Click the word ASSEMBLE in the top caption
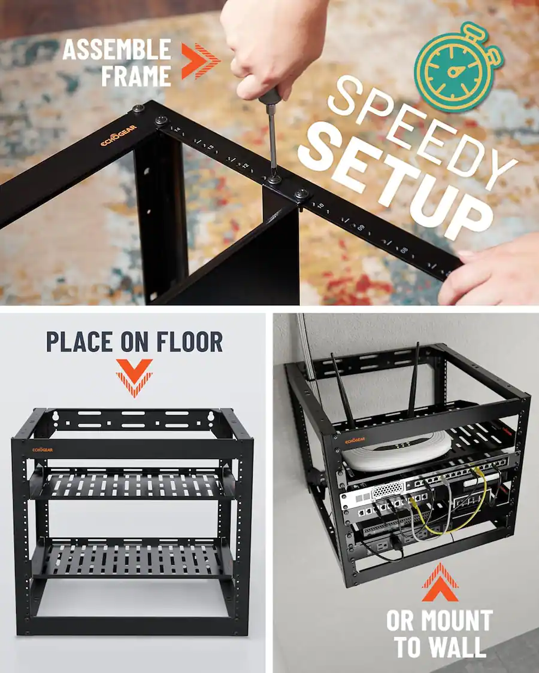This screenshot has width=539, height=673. (x=116, y=50)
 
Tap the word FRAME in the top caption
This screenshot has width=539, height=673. (x=135, y=76)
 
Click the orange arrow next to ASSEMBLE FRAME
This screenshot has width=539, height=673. (x=201, y=61)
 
